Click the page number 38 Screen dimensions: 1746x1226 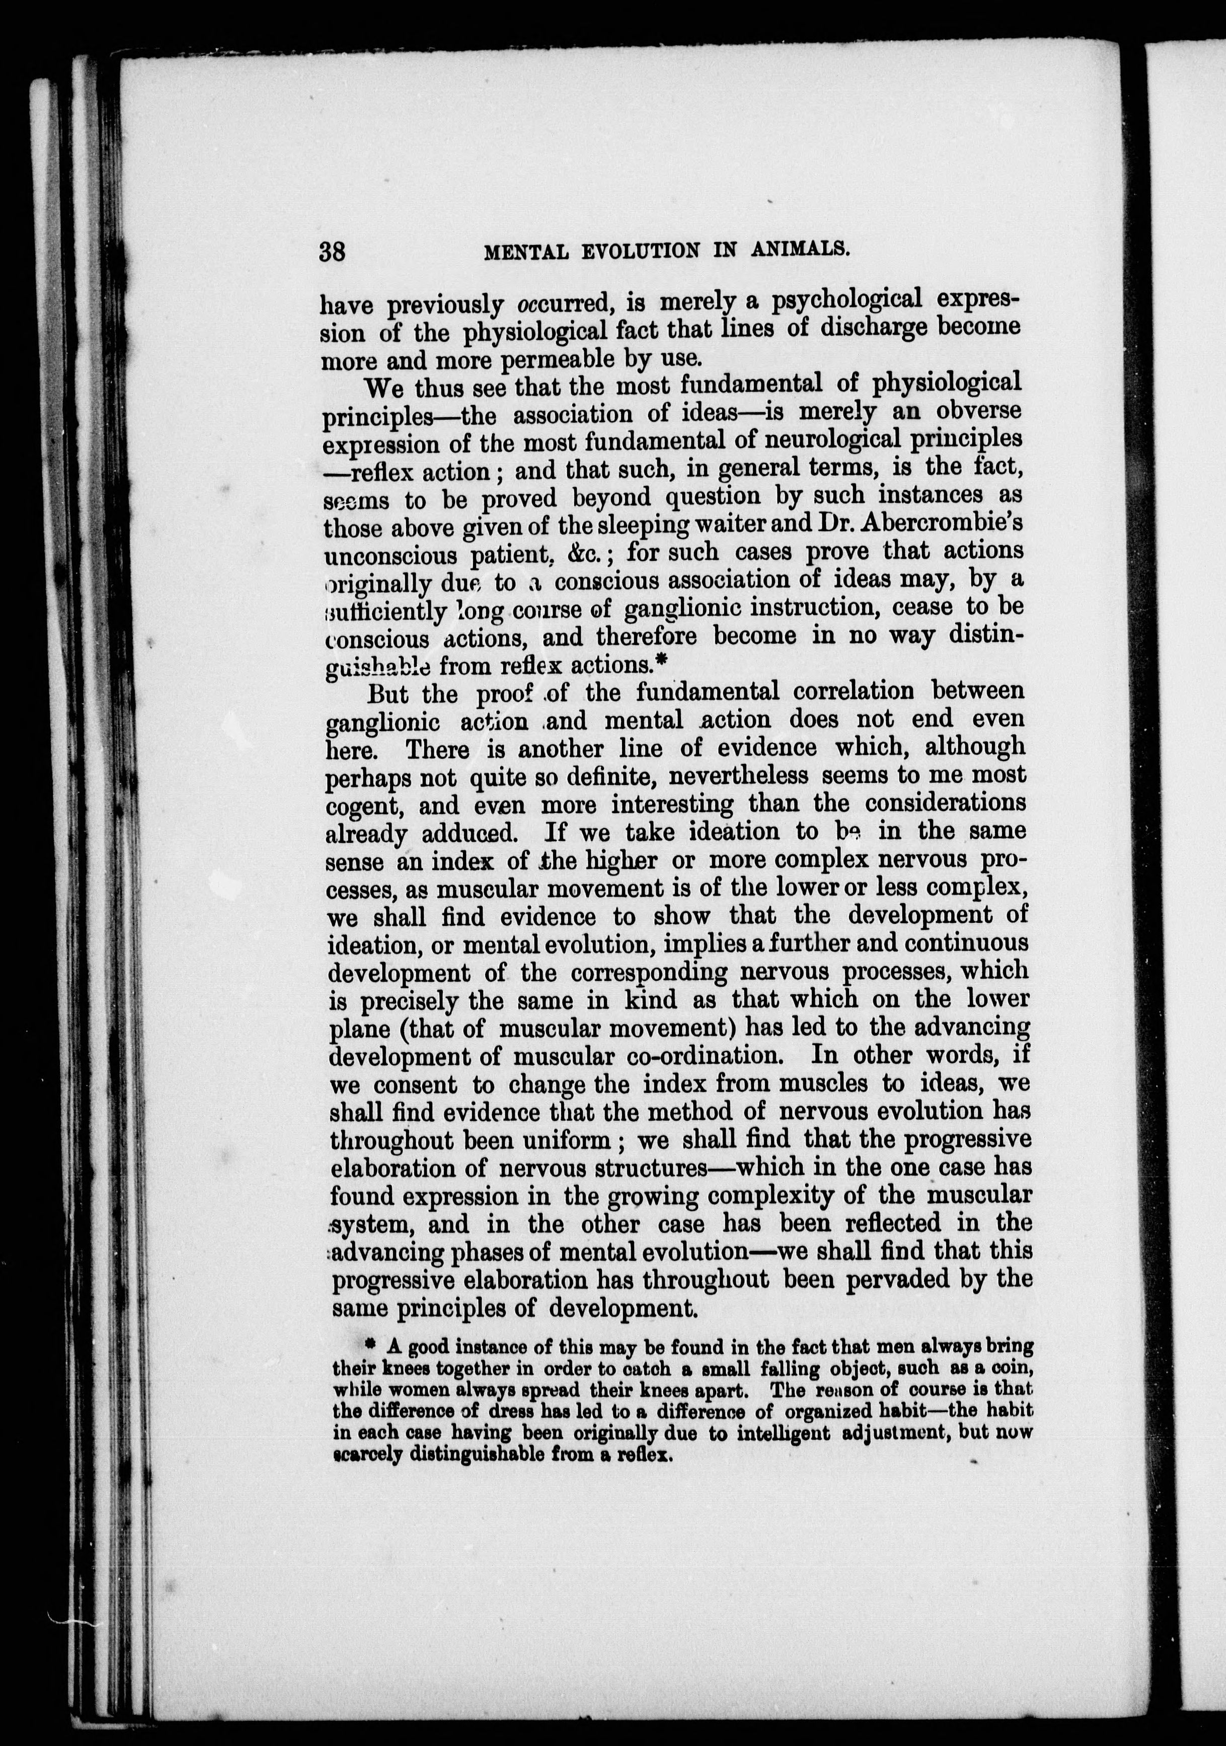tap(332, 251)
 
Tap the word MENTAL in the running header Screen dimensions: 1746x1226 tap(525, 252)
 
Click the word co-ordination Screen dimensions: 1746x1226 tap(710, 1056)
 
